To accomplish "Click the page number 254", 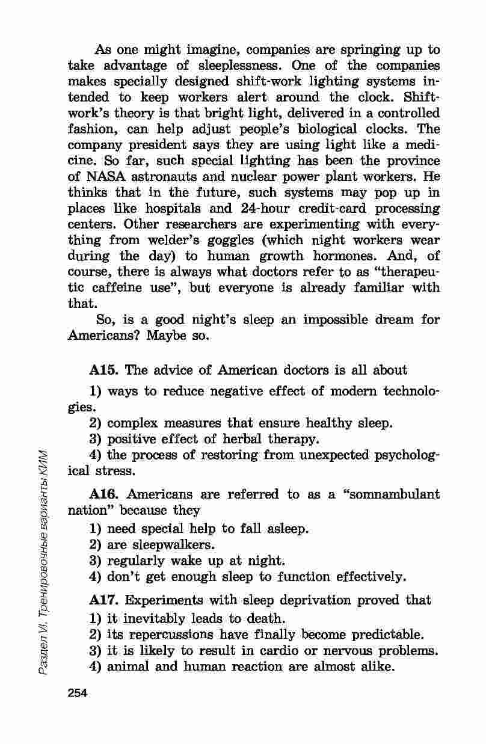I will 78,693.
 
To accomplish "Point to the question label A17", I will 103,600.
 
